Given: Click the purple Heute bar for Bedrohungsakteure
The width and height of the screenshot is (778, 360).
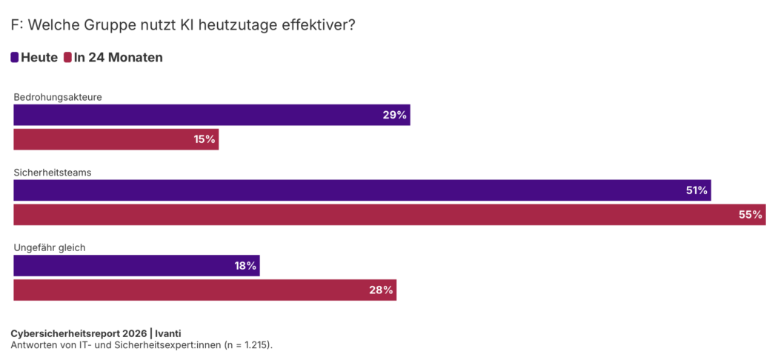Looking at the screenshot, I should [211, 115].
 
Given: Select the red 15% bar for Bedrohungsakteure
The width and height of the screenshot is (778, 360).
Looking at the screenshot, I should [116, 139].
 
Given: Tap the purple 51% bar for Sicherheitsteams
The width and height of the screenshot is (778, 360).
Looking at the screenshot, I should [362, 190].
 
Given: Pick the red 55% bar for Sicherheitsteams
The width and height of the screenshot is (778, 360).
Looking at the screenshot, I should [389, 215].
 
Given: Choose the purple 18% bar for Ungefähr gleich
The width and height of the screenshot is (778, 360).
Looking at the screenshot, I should [136, 266].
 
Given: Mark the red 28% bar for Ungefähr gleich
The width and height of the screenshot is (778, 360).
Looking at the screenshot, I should [205, 290].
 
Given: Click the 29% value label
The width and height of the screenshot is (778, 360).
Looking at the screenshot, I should [395, 115].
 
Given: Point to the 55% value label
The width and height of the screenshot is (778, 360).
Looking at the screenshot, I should [751, 215].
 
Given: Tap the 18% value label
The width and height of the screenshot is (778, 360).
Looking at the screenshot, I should [245, 266].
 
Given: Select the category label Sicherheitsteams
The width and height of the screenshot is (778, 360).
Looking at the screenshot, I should [52, 172].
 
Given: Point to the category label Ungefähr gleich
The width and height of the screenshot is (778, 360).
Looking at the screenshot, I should [50, 247].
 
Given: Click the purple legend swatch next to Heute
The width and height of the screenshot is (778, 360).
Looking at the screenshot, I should [15, 57].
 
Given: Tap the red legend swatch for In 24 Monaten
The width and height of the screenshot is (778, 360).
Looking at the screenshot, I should [67, 57].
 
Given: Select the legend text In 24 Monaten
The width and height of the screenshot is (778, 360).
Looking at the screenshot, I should [118, 57].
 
